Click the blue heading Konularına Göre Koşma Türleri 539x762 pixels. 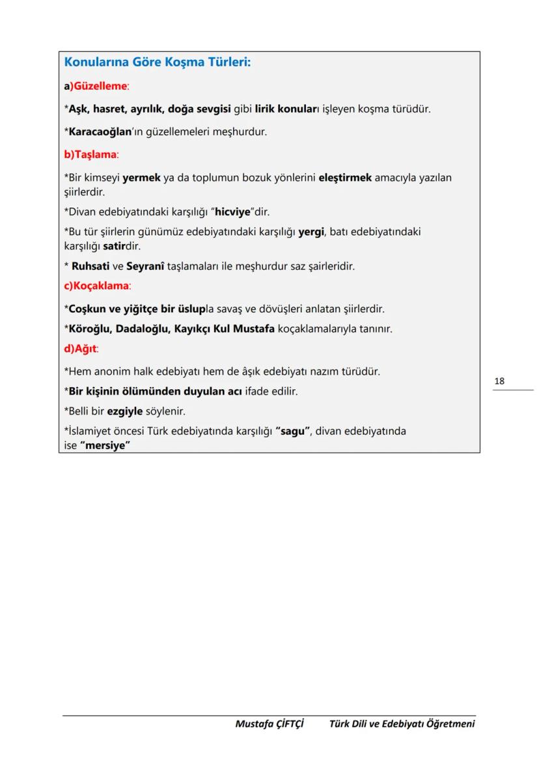[157, 63]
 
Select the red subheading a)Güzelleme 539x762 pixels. [96, 86]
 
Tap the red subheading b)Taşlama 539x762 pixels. [91, 155]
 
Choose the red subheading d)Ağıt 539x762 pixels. [81, 349]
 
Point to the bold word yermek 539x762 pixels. [141, 178]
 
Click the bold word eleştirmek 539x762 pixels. [345, 178]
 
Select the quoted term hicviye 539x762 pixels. [233, 212]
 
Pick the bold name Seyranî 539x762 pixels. [145, 266]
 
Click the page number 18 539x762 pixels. [499, 381]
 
